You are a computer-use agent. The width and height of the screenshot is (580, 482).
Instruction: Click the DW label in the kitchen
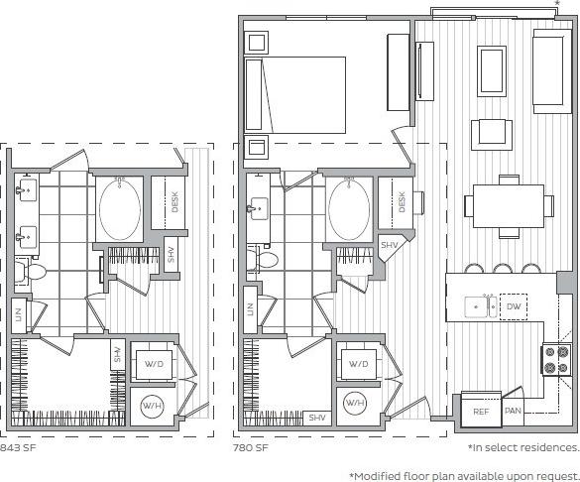(x=513, y=307)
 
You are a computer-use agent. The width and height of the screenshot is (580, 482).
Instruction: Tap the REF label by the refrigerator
(x=481, y=411)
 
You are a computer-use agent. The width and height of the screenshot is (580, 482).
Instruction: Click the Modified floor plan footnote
(x=464, y=475)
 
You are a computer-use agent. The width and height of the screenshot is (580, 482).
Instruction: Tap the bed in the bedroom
(x=297, y=94)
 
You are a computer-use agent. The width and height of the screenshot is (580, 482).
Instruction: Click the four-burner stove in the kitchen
(x=556, y=359)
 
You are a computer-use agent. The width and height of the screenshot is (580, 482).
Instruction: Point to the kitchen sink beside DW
(x=482, y=307)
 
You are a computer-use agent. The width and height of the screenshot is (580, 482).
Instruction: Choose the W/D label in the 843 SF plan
(x=154, y=364)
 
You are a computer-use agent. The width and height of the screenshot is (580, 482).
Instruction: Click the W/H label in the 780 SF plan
(x=355, y=404)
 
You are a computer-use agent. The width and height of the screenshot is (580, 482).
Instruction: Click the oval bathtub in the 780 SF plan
(x=348, y=208)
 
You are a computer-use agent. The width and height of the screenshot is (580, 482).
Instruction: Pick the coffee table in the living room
(x=493, y=68)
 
